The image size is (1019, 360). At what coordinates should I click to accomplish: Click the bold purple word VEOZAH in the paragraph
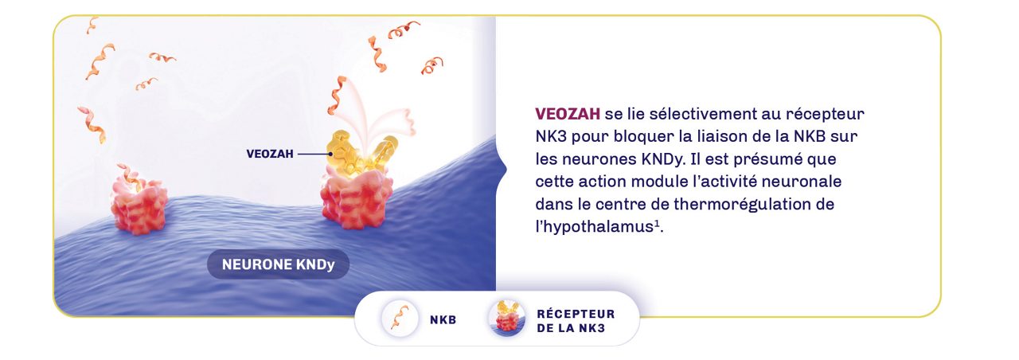point(568,113)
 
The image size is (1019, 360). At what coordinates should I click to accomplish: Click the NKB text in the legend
point(443,320)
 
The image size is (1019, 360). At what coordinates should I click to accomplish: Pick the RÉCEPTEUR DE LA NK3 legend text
point(576,320)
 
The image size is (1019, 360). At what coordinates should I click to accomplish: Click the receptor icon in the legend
point(506,319)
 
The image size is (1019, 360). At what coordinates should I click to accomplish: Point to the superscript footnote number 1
point(657,223)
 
